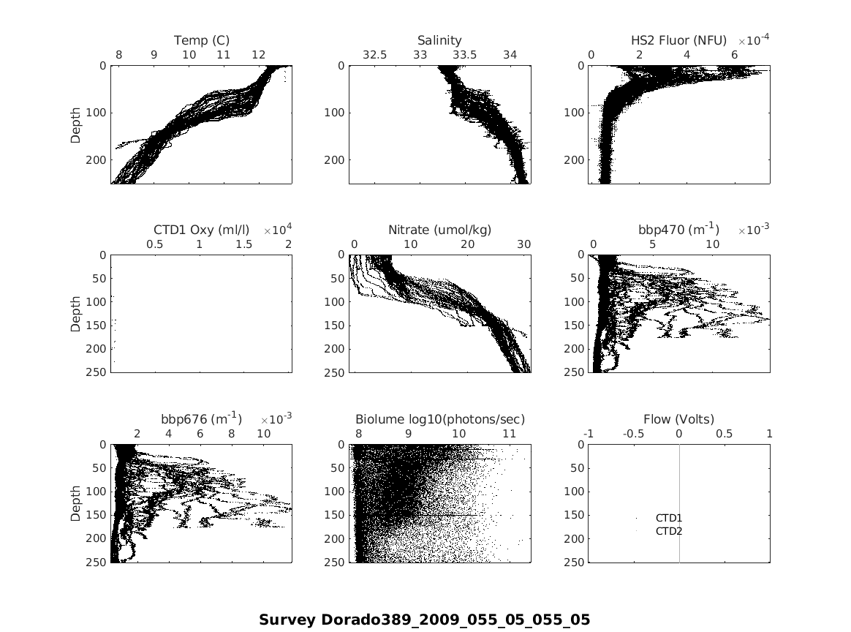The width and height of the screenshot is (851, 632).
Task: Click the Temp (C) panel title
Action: (201, 40)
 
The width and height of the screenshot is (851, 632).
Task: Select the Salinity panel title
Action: (439, 40)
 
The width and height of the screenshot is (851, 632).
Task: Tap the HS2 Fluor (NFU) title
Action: (678, 40)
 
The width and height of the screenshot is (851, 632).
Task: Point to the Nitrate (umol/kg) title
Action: (439, 230)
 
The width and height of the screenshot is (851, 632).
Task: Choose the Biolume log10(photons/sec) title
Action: (440, 419)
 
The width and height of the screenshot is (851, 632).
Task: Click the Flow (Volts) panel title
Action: (678, 419)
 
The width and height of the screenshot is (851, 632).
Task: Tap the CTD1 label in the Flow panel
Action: (669, 518)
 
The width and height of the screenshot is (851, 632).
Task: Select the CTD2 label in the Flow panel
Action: (669, 531)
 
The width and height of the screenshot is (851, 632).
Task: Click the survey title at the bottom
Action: (424, 620)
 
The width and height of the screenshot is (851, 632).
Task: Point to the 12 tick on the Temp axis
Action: (259, 55)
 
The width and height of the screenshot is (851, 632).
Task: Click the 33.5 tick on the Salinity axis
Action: (465, 55)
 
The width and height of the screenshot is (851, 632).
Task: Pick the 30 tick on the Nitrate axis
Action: (524, 244)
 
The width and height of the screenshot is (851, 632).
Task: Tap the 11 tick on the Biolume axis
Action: (509, 434)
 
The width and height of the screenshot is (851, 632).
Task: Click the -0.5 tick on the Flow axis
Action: (634, 434)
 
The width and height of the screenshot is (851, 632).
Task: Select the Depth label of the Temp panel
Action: (76, 124)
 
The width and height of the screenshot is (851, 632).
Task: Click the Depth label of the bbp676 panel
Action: (76, 503)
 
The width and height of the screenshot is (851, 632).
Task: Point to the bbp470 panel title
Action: (678, 230)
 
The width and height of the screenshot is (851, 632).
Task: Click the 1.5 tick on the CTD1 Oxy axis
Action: (244, 244)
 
